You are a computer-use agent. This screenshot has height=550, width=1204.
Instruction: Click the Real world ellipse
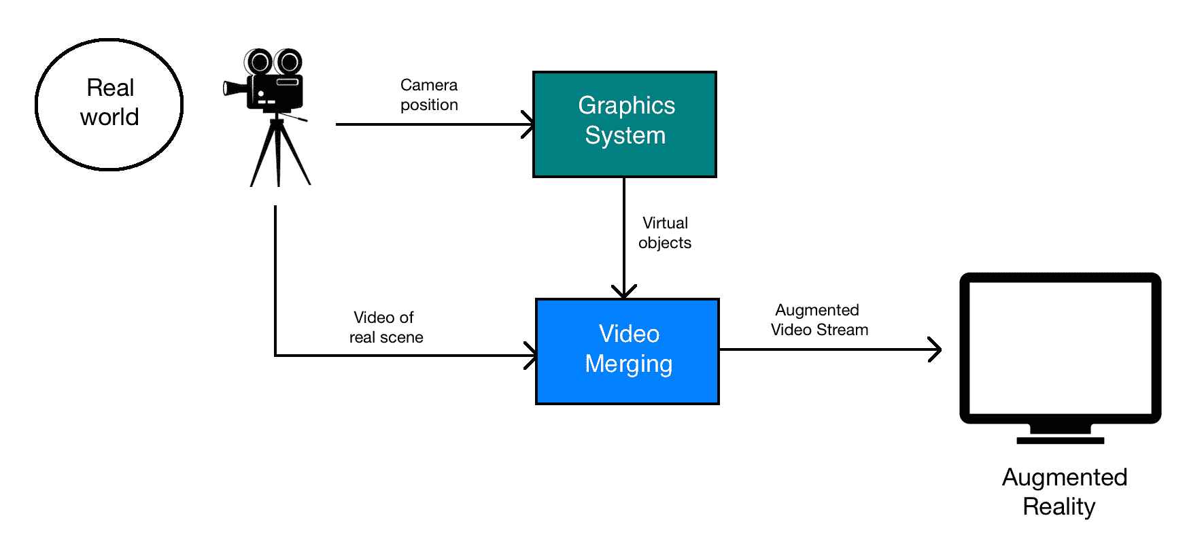[109, 104]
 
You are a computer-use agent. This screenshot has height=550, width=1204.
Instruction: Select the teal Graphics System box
[625, 124]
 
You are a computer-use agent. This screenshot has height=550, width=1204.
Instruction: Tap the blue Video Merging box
[627, 351]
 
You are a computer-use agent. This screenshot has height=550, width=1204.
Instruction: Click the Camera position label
[429, 95]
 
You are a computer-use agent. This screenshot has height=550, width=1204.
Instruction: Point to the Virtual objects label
[665, 233]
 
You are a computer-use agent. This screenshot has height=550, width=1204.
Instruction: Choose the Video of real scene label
[385, 328]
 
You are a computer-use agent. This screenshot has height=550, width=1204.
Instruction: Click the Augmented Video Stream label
[819, 320]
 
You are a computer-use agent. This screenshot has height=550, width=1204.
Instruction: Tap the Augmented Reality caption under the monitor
[1063, 492]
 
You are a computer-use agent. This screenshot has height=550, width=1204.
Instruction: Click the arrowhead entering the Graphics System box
[528, 124]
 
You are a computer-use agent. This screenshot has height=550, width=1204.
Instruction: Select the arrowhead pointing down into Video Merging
[624, 292]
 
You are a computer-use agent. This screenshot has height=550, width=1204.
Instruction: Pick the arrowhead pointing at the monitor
[935, 350]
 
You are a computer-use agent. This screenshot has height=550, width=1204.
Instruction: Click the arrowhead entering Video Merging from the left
[531, 356]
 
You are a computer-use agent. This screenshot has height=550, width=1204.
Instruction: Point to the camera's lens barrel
[235, 88]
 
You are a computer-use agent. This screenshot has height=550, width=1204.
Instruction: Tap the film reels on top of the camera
[273, 62]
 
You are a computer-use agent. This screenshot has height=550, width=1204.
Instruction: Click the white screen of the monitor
[1060, 347]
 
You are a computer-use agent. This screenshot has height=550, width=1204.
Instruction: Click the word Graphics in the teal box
[626, 106]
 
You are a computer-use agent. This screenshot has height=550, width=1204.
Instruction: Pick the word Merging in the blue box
[629, 364]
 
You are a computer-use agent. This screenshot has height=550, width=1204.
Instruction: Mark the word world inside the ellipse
[109, 118]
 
